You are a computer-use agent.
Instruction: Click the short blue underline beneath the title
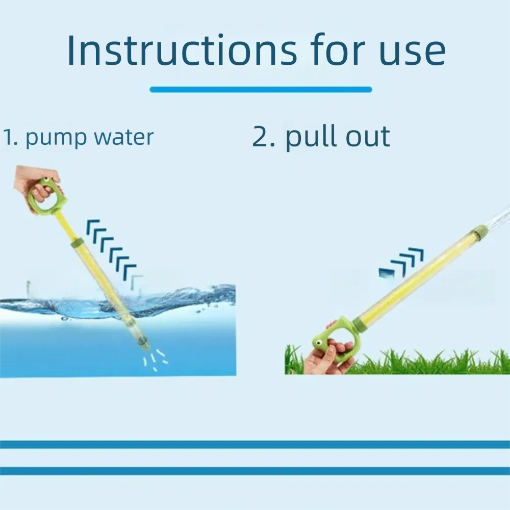(x=261, y=90)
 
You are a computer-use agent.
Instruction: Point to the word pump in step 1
(x=53, y=138)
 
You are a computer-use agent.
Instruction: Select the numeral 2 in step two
(x=261, y=137)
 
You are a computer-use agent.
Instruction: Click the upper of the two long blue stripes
(x=255, y=444)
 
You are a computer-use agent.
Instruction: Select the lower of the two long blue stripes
(x=255, y=471)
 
